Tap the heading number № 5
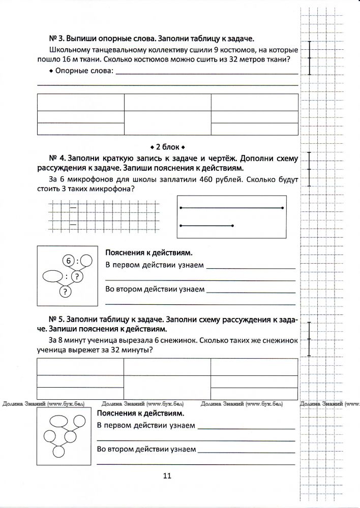click(x=55, y=319)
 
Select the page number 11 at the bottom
click(x=168, y=475)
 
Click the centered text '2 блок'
click(x=168, y=147)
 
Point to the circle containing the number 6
click(x=69, y=261)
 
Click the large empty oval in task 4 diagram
click(x=51, y=277)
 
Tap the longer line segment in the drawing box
click(x=231, y=208)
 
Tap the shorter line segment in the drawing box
click(x=206, y=225)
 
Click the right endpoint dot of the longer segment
click(x=283, y=208)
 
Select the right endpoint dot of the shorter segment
click(x=232, y=225)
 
